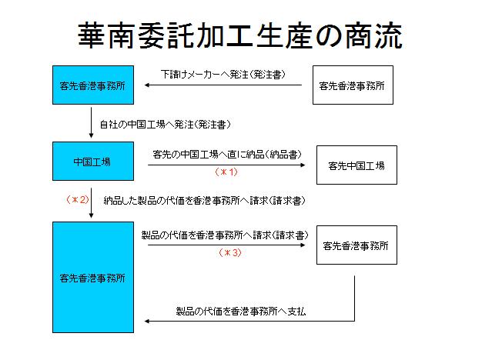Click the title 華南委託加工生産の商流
(240, 35)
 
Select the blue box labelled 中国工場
(93, 161)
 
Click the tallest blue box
(93, 277)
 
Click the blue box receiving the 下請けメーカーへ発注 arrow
(93, 85)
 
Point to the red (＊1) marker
(226, 172)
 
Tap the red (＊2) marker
(78, 200)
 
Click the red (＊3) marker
(230, 253)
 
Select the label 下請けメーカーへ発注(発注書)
(223, 75)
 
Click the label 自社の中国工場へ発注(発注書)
(165, 125)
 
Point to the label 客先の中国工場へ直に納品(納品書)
(227, 155)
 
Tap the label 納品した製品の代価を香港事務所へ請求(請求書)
(204, 201)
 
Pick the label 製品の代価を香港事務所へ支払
(241, 312)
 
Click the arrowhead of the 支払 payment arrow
(147, 322)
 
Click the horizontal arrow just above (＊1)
(226, 165)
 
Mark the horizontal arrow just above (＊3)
(226, 245)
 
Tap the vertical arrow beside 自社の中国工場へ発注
(91, 122)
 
